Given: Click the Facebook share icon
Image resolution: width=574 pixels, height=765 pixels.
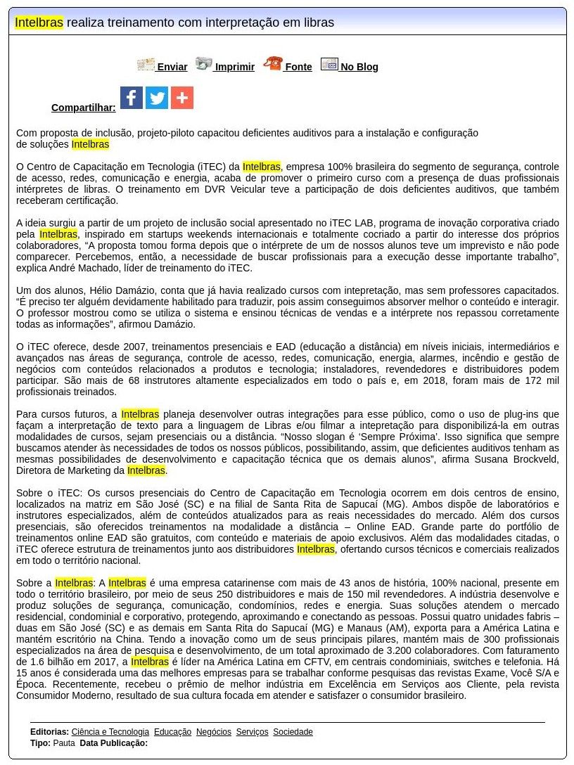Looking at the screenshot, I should pos(132,98).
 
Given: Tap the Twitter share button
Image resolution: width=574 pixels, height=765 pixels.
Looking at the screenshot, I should pos(157,98).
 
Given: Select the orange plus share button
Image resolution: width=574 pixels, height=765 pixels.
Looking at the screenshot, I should pos(182,98).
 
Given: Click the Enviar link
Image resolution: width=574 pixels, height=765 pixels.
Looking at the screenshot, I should pos(172,67).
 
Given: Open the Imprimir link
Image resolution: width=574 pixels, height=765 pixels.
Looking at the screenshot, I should pos(234,67).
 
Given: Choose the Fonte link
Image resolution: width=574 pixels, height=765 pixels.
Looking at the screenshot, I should pos(298,67).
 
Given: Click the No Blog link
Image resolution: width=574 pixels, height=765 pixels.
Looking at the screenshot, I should pos(359,67).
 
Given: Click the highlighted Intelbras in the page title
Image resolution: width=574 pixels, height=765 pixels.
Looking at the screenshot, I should pos(39,22).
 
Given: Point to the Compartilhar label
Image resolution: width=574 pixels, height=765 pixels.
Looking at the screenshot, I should pos(83,108).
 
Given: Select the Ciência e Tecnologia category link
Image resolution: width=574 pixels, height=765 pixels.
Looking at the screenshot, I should pos(110,732).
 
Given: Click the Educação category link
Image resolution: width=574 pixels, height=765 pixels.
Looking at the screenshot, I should pos(172,732).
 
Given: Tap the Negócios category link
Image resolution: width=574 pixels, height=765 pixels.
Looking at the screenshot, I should pos(214,732).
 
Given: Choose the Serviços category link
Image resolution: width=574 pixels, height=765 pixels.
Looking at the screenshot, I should pos(252,732).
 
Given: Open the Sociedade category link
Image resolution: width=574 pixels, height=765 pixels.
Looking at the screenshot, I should pos(293,732).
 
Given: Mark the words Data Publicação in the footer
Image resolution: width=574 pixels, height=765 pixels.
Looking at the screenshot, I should pos(113,743).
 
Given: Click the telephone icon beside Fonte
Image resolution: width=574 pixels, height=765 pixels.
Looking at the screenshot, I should pos(272,64).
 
